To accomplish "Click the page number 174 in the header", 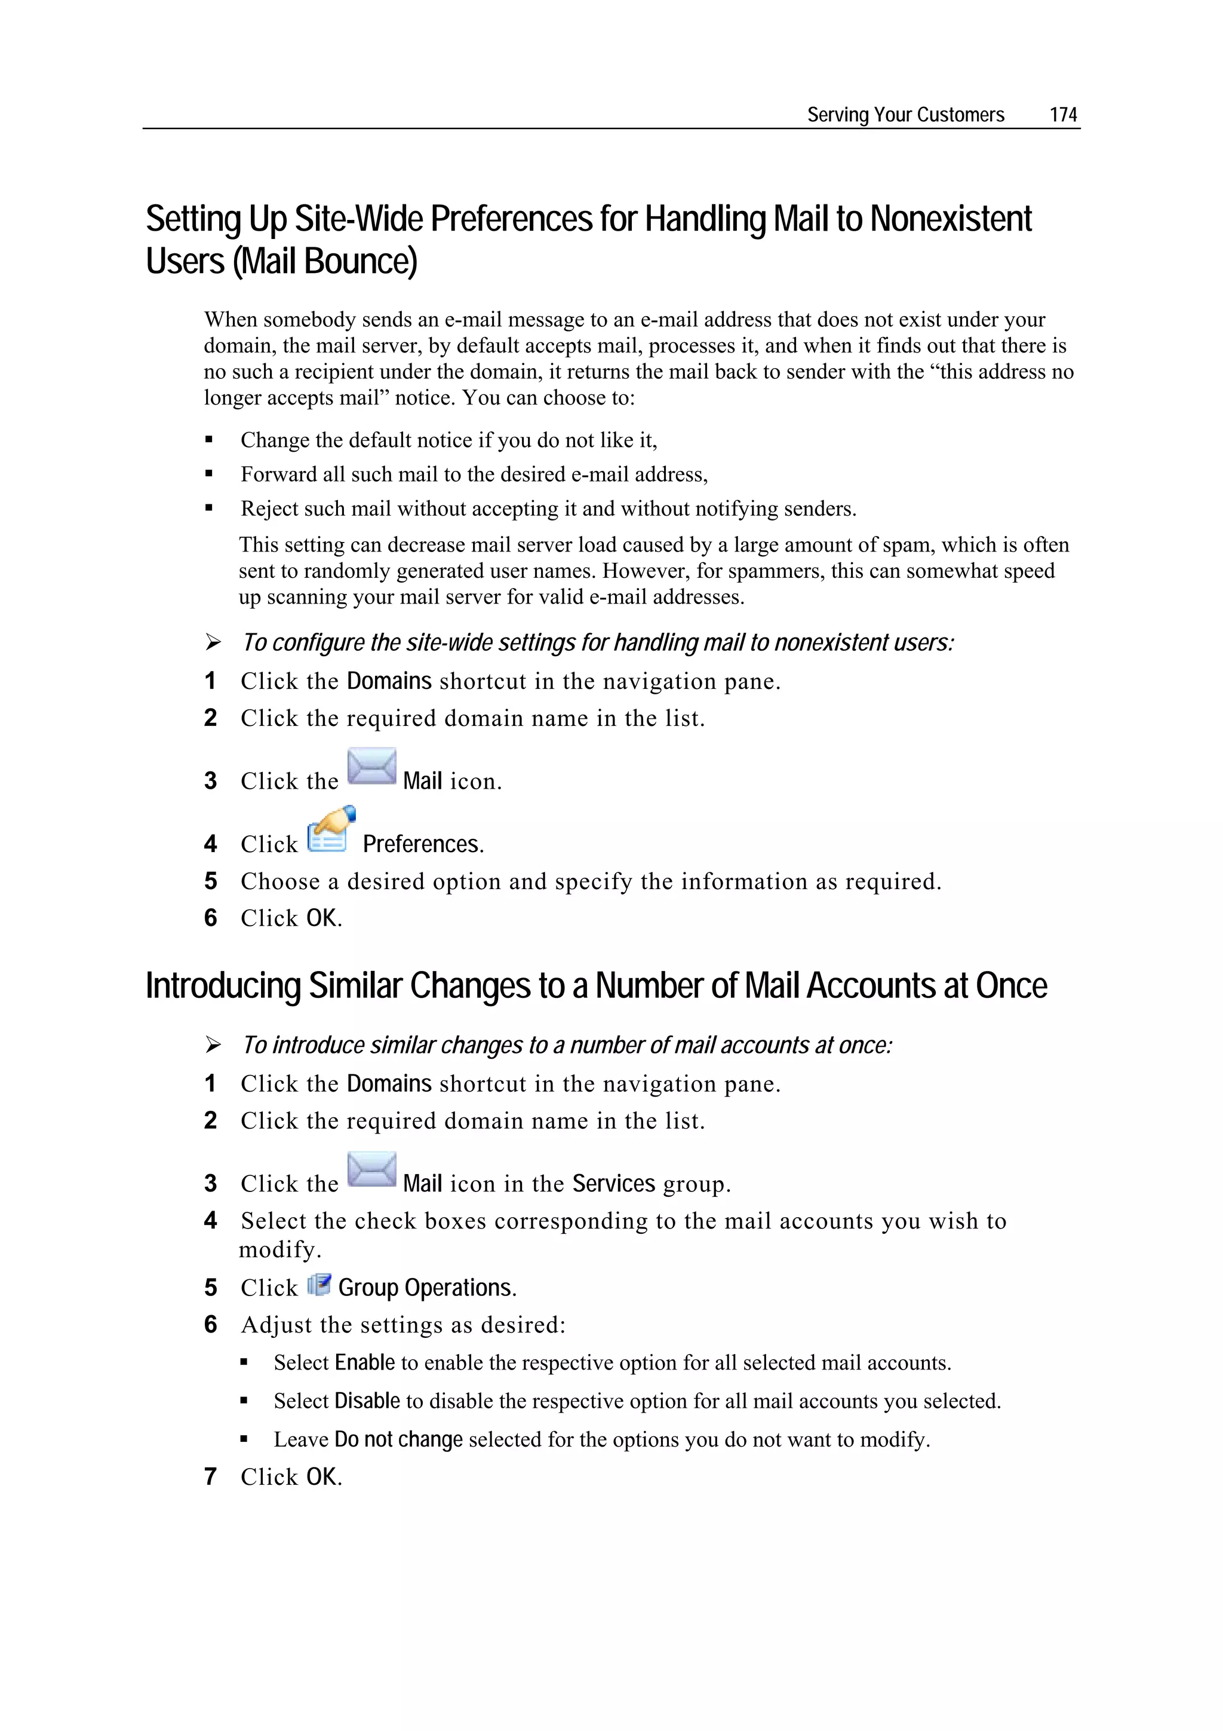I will (x=1062, y=115).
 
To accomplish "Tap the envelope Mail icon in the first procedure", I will (x=371, y=767).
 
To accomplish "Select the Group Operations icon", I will (x=319, y=1285).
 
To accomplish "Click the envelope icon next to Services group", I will (x=371, y=1169).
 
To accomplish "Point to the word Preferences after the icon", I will (x=422, y=844).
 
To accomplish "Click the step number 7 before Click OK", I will (x=210, y=1476).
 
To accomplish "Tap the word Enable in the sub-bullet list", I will (x=365, y=1362).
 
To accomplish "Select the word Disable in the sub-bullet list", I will (x=367, y=1401).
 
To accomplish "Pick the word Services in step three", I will (x=613, y=1184).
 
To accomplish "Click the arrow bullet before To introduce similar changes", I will (x=213, y=1045).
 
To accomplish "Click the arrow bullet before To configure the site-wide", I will (x=213, y=642).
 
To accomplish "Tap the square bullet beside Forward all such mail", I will (x=210, y=474).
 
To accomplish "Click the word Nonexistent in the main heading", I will (x=950, y=219).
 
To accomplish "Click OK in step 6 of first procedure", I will (x=322, y=918).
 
